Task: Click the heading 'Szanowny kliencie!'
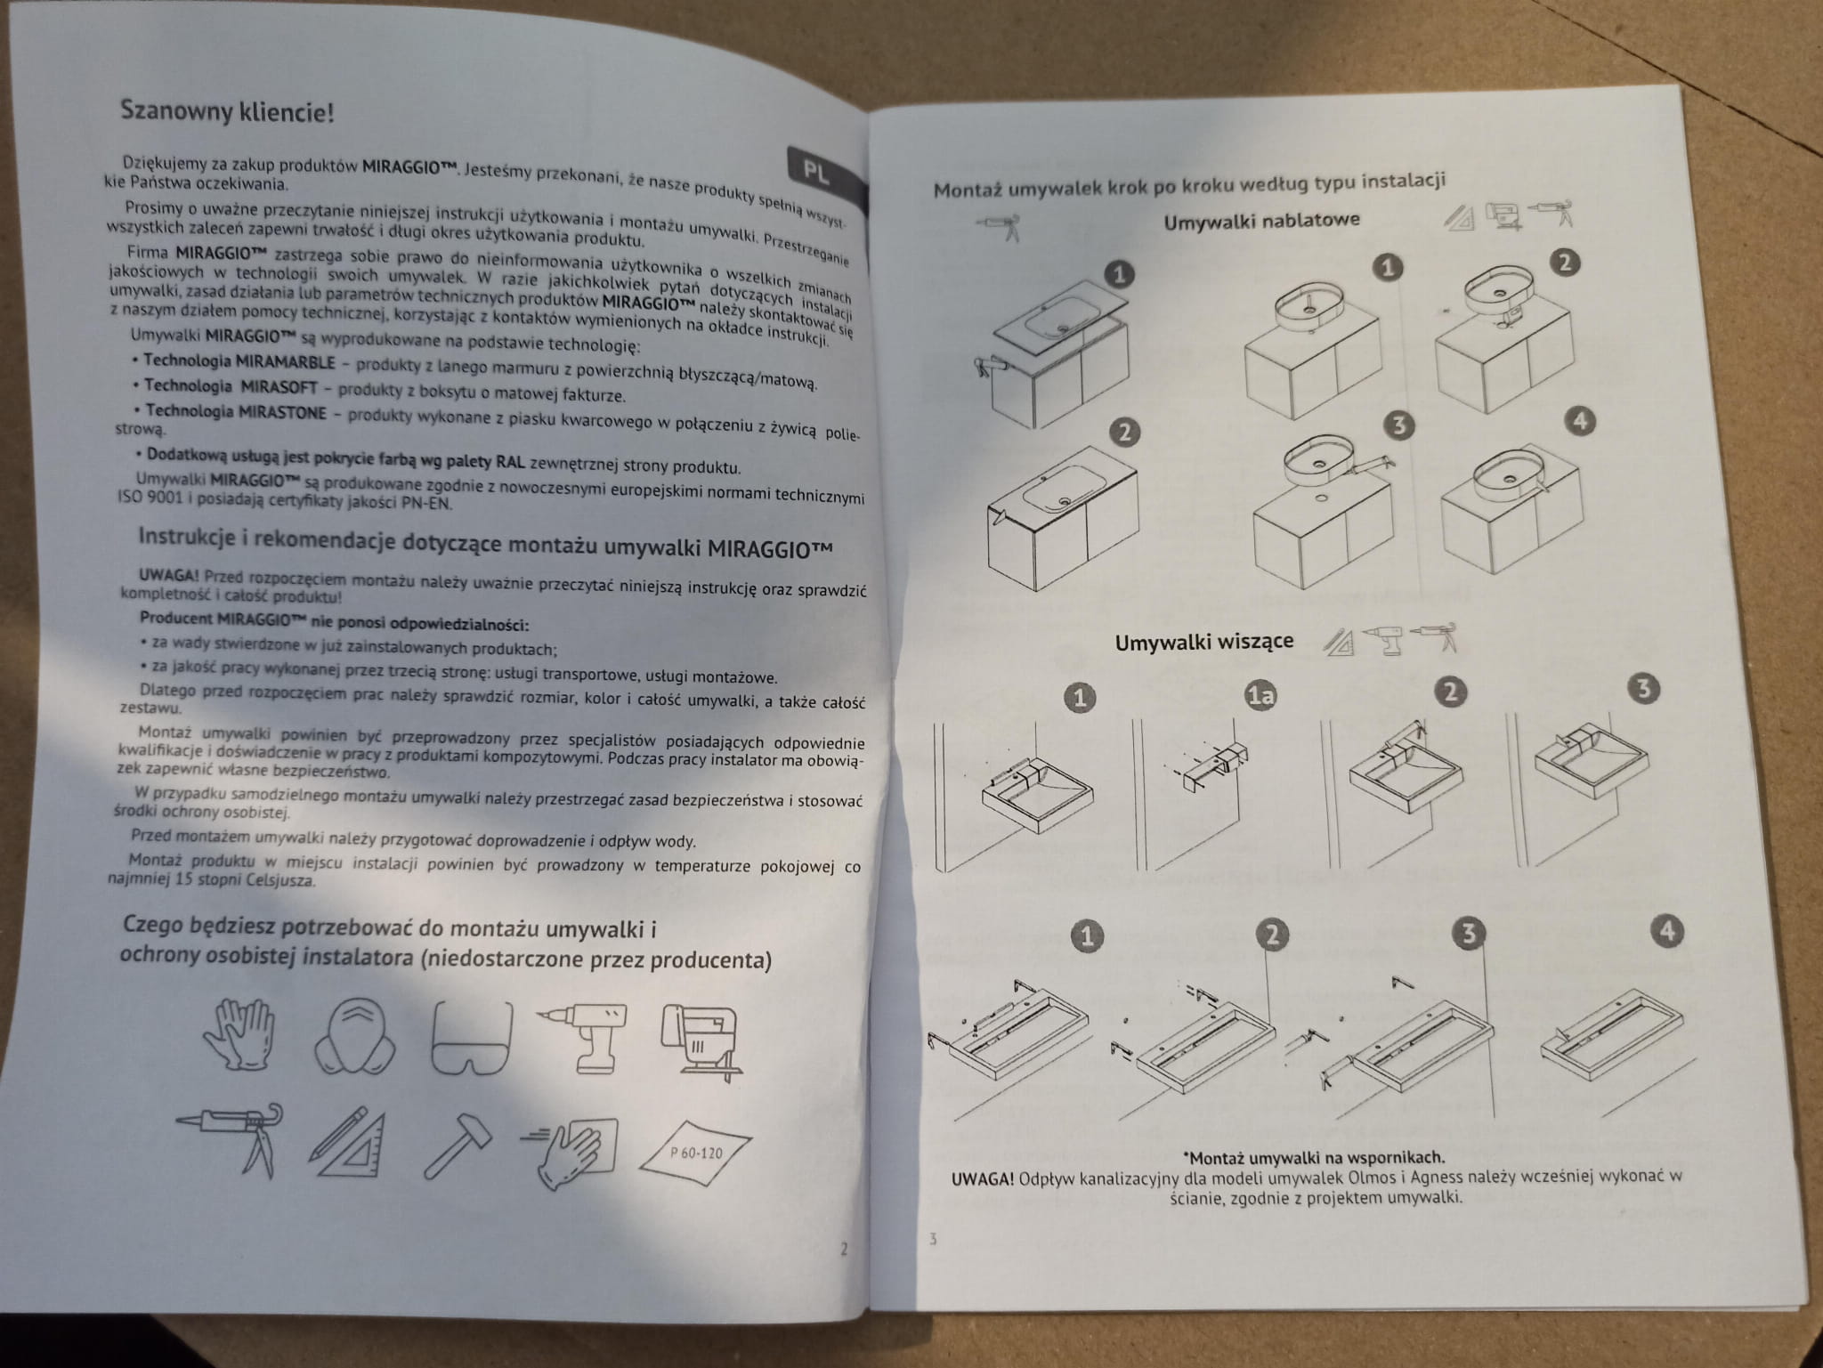point(228,112)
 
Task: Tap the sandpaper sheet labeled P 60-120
point(694,1152)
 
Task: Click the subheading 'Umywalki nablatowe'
point(1262,220)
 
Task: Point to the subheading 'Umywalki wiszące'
point(1204,642)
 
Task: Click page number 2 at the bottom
point(844,1249)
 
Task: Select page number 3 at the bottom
point(933,1239)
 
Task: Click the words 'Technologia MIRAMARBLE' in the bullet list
point(239,361)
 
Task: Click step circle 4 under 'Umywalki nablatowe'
point(1581,421)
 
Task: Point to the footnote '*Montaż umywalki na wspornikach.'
point(1314,1158)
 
